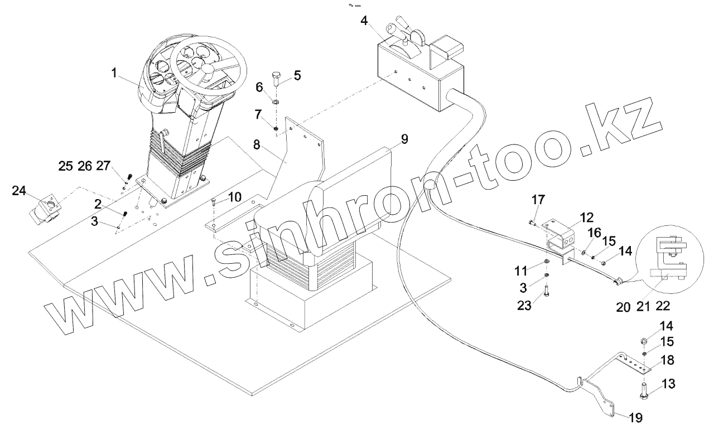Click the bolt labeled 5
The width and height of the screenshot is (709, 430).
pos(277,79)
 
